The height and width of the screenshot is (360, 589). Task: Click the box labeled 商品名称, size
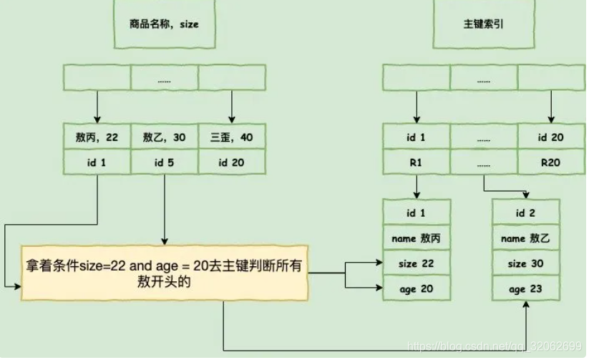tap(164, 24)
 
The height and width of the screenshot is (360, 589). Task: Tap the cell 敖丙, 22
tap(97, 137)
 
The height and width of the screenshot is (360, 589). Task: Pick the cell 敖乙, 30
tap(164, 137)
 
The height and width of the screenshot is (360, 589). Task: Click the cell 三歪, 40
tap(231, 137)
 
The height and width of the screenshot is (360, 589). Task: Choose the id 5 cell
tap(164, 162)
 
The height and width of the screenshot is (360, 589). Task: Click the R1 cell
tap(416, 162)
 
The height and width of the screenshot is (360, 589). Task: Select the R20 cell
tap(550, 162)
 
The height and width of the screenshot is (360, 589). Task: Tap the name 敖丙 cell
tap(417, 238)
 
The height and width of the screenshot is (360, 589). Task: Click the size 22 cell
tap(417, 263)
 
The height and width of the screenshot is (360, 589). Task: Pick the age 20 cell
tap(417, 288)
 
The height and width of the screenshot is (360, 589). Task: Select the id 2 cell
tap(526, 213)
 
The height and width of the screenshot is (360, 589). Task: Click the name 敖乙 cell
tap(526, 238)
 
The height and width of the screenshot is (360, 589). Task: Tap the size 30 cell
tap(526, 263)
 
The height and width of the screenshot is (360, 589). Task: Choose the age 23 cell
tap(526, 288)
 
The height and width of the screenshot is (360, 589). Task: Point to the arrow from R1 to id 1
tap(416, 187)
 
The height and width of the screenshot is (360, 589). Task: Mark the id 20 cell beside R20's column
tap(550, 137)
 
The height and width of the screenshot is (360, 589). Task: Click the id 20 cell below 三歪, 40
tap(231, 162)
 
